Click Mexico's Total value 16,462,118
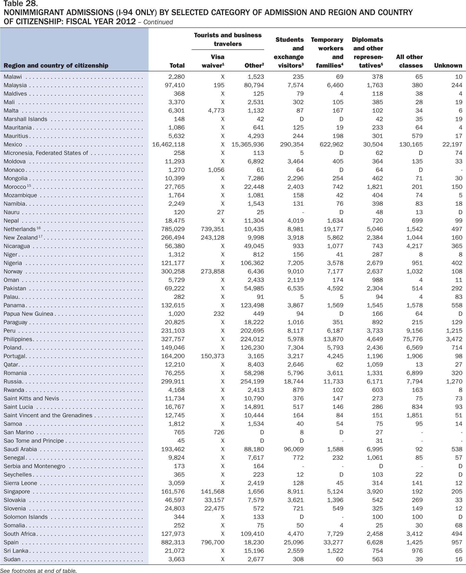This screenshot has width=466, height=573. click(168, 144)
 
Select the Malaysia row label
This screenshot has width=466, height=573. click(15, 85)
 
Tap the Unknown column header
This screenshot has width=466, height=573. click(448, 66)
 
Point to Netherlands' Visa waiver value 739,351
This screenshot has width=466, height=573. click(212, 229)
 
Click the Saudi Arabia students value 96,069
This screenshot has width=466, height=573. click(294, 449)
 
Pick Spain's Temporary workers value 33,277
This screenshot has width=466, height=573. click(333, 542)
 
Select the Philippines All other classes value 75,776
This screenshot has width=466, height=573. click(413, 339)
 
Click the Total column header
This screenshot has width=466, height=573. click(177, 66)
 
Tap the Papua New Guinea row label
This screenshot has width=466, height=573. click(28, 314)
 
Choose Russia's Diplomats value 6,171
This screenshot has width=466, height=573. click(375, 381)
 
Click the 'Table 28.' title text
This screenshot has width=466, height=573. click(20, 3)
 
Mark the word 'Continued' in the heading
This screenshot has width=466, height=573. click(158, 22)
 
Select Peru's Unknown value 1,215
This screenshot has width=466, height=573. click(454, 330)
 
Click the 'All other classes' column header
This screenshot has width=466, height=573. click(409, 61)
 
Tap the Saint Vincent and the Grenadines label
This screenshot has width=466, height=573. click(48, 415)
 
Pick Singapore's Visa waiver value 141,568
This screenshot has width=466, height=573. click(212, 491)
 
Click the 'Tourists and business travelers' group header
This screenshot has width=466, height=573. click(228, 39)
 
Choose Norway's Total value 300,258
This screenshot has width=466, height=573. click(173, 271)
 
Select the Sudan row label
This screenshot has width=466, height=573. click(12, 559)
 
